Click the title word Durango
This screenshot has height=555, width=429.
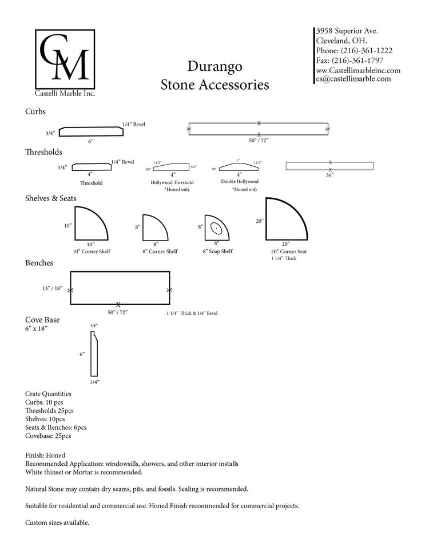[214, 66]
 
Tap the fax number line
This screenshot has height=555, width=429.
[349, 60]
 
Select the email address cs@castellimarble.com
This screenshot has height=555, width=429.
[353, 79]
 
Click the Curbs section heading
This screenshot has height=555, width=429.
[35, 111]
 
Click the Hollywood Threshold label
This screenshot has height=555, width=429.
[172, 182]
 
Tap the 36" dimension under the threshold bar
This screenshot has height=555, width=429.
[329, 175]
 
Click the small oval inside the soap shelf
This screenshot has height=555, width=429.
[216, 227]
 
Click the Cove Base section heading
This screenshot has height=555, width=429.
[42, 320]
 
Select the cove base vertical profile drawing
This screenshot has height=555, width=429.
[94, 354]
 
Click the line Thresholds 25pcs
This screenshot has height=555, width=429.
[49, 410]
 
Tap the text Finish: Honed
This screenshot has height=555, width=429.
[45, 455]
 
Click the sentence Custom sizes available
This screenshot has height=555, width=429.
[57, 522]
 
